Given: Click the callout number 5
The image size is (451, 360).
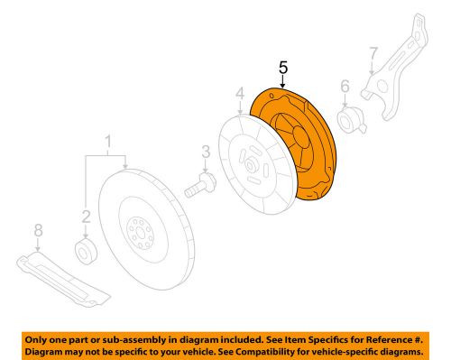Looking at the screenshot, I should click(x=282, y=68).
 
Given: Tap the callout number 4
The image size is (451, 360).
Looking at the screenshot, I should click(x=240, y=93).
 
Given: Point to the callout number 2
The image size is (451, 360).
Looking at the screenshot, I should click(x=87, y=216).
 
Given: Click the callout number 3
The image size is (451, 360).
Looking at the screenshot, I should click(x=206, y=152).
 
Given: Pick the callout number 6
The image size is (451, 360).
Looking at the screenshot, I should click(x=344, y=87).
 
